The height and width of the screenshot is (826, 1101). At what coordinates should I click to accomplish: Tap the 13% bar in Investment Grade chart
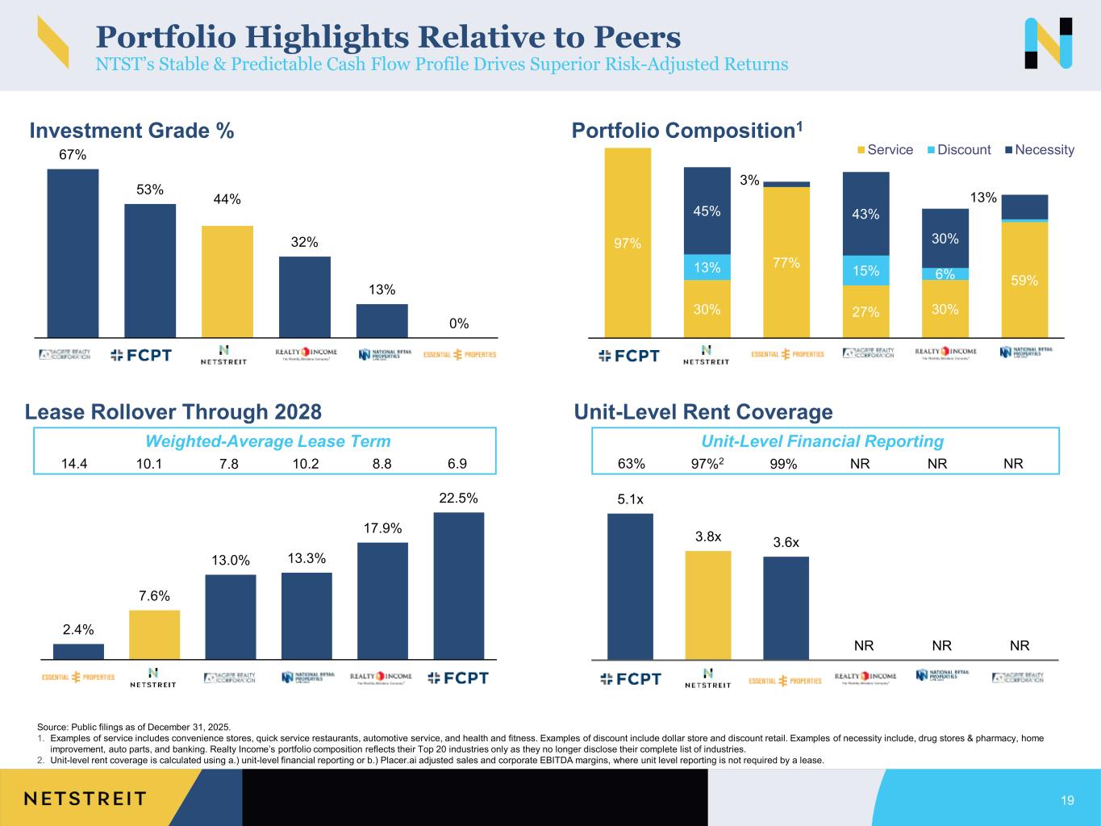coord(382,320)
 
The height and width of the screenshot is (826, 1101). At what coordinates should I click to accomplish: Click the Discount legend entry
coord(957,150)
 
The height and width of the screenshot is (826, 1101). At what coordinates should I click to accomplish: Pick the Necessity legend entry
coord(1040,150)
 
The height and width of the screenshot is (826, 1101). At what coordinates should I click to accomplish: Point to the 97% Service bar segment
coord(628,242)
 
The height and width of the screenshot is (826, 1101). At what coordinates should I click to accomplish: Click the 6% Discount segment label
coord(945,274)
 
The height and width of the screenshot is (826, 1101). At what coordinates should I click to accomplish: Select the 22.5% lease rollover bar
coord(458,586)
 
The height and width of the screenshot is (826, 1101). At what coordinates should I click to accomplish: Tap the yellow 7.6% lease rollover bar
coord(154,635)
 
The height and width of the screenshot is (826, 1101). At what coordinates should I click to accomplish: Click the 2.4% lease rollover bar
coord(78,652)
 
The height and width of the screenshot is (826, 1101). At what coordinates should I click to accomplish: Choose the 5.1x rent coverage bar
coord(630,586)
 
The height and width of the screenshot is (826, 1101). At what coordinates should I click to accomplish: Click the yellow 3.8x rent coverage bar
coord(707,605)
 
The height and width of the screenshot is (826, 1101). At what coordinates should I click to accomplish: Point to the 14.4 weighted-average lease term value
coord(75,464)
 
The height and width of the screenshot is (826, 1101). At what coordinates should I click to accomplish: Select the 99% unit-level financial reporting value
coord(783,464)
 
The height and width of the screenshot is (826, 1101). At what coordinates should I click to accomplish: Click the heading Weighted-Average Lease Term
coord(267,441)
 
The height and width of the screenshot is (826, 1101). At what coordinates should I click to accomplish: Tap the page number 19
coord(1067,800)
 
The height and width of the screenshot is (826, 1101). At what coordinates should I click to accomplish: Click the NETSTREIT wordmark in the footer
coord(85,799)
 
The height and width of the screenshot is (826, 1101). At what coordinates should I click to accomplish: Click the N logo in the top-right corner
coord(1048,44)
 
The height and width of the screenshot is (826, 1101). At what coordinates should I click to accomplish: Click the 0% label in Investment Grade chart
coord(459,323)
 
